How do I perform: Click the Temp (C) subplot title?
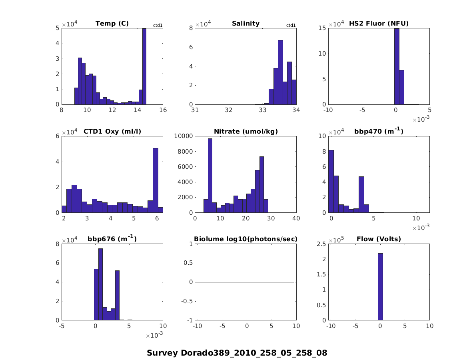click(x=112, y=23)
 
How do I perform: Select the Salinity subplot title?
click(x=245, y=23)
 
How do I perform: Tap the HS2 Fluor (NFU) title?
click(x=379, y=23)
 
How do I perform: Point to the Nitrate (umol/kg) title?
click(x=245, y=131)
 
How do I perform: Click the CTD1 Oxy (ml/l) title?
click(x=112, y=131)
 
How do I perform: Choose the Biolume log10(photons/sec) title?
click(x=245, y=239)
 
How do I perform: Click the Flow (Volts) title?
click(x=379, y=239)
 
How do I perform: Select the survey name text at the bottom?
click(x=237, y=353)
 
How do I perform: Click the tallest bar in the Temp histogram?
click(x=144, y=66)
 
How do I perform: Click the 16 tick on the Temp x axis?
click(x=163, y=110)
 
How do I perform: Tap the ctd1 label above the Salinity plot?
click(x=291, y=26)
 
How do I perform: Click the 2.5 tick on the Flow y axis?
click(x=321, y=244)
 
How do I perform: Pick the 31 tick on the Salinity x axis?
click(x=195, y=110)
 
